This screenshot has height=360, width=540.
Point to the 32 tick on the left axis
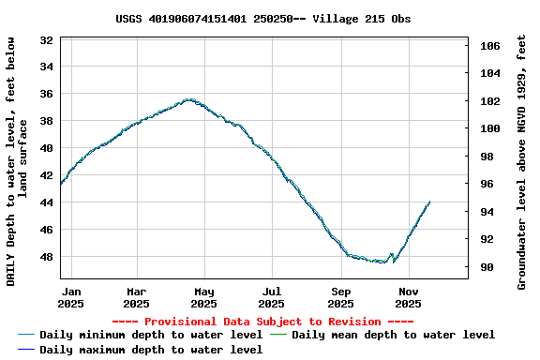point(46,40)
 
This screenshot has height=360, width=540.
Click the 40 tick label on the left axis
point(46,148)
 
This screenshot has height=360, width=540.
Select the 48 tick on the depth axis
point(46,257)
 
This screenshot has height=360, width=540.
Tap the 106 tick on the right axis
point(489,46)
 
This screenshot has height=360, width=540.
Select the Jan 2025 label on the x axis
point(70,297)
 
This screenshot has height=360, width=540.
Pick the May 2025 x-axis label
point(203,297)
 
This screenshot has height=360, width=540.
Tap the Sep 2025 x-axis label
point(340,297)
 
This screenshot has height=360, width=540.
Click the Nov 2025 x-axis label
point(408,297)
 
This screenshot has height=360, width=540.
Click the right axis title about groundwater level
point(521,161)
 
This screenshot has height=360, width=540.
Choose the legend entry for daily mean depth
point(393,335)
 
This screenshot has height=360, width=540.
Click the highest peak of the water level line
point(189,99)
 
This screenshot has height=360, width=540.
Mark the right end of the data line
point(429,202)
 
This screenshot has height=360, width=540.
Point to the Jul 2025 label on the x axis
point(271,297)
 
